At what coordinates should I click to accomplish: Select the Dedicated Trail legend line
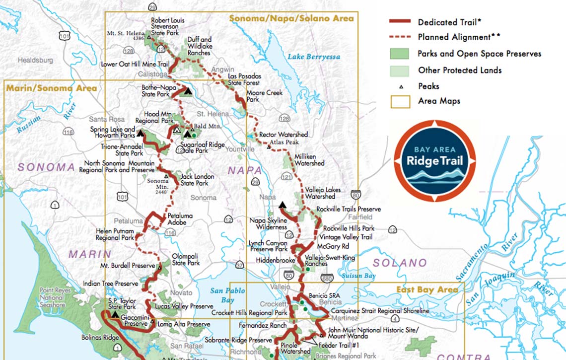[x=400, y=22]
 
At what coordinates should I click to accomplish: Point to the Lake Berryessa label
[x=314, y=57]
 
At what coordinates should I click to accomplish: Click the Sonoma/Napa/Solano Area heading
[x=291, y=18]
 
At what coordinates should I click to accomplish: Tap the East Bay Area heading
[x=427, y=289]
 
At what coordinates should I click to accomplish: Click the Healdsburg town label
[x=35, y=60]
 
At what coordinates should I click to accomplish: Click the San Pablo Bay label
[x=227, y=295]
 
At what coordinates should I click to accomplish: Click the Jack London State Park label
[x=198, y=180]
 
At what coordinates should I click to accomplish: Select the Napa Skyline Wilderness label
[x=268, y=223]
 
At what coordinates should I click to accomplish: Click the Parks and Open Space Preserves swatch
[x=400, y=54]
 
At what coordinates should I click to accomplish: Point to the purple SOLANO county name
[x=400, y=263]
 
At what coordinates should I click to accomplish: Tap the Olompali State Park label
[x=185, y=259]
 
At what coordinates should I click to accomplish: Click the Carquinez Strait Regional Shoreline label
[x=380, y=311]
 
